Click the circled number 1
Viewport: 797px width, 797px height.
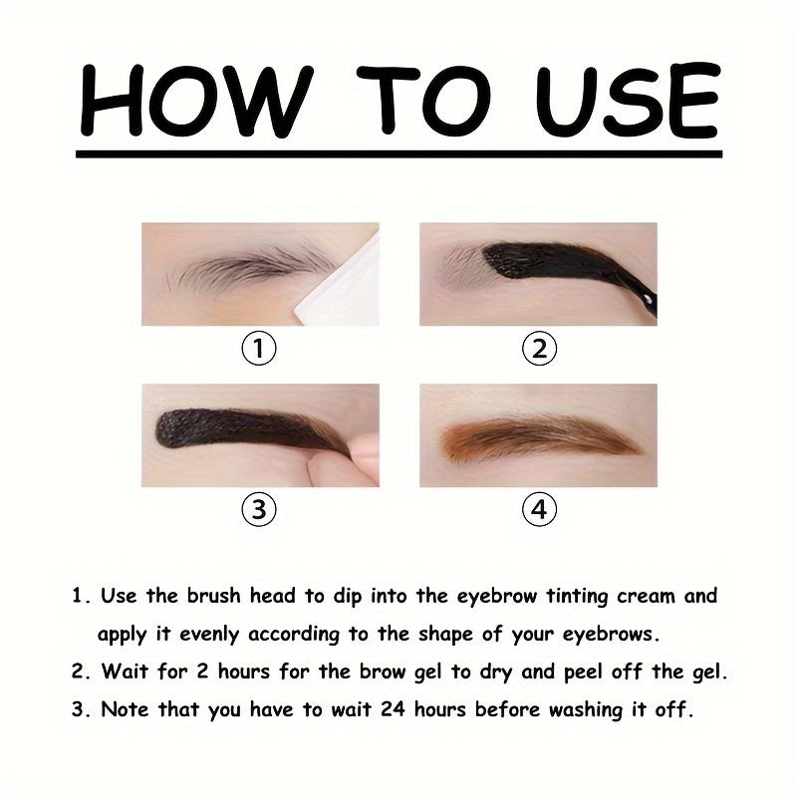(x=259, y=349)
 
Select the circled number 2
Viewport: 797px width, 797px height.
(x=539, y=349)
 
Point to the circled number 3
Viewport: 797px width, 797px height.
(x=259, y=509)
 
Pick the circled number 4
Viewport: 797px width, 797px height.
(x=539, y=509)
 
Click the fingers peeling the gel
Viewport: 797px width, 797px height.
(x=346, y=457)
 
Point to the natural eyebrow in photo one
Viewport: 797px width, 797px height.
(x=249, y=267)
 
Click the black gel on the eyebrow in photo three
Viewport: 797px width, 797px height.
(x=244, y=429)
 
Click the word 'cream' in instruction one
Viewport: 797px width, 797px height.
(x=646, y=596)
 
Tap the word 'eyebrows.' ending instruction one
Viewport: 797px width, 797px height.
(x=611, y=635)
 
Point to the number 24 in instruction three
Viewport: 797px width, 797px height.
(x=393, y=709)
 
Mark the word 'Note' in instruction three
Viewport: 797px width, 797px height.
(x=126, y=709)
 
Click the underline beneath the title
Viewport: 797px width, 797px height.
(x=399, y=153)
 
